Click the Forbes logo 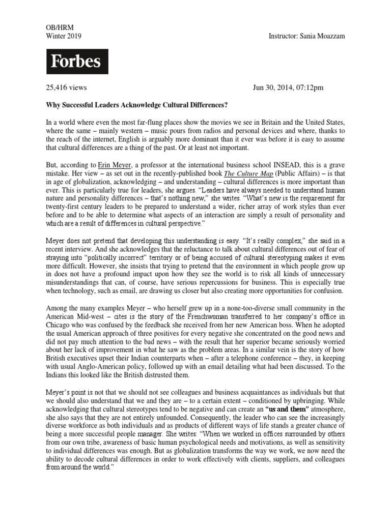[75, 62]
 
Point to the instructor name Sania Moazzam [324, 36]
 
